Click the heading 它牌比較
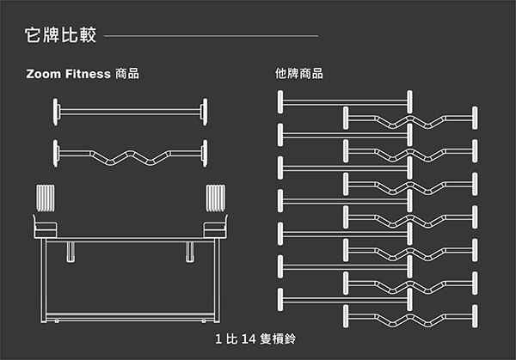[60, 35]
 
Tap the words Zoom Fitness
[69, 74]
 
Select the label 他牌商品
[299, 74]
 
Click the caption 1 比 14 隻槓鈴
[255, 339]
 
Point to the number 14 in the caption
[249, 339]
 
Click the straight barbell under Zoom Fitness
[131, 112]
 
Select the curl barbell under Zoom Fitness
[131, 154]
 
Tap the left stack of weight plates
[46, 198]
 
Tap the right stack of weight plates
[216, 198]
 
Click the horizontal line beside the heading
[212, 36]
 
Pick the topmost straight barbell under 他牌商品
[345, 102]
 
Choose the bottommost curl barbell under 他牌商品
[410, 316]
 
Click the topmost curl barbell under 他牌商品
[410, 118]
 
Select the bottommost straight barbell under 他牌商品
[345, 300]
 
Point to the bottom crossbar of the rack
[131, 316]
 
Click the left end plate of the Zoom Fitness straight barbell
[55, 112]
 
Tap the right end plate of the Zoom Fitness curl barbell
[205, 154]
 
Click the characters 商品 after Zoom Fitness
[127, 74]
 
